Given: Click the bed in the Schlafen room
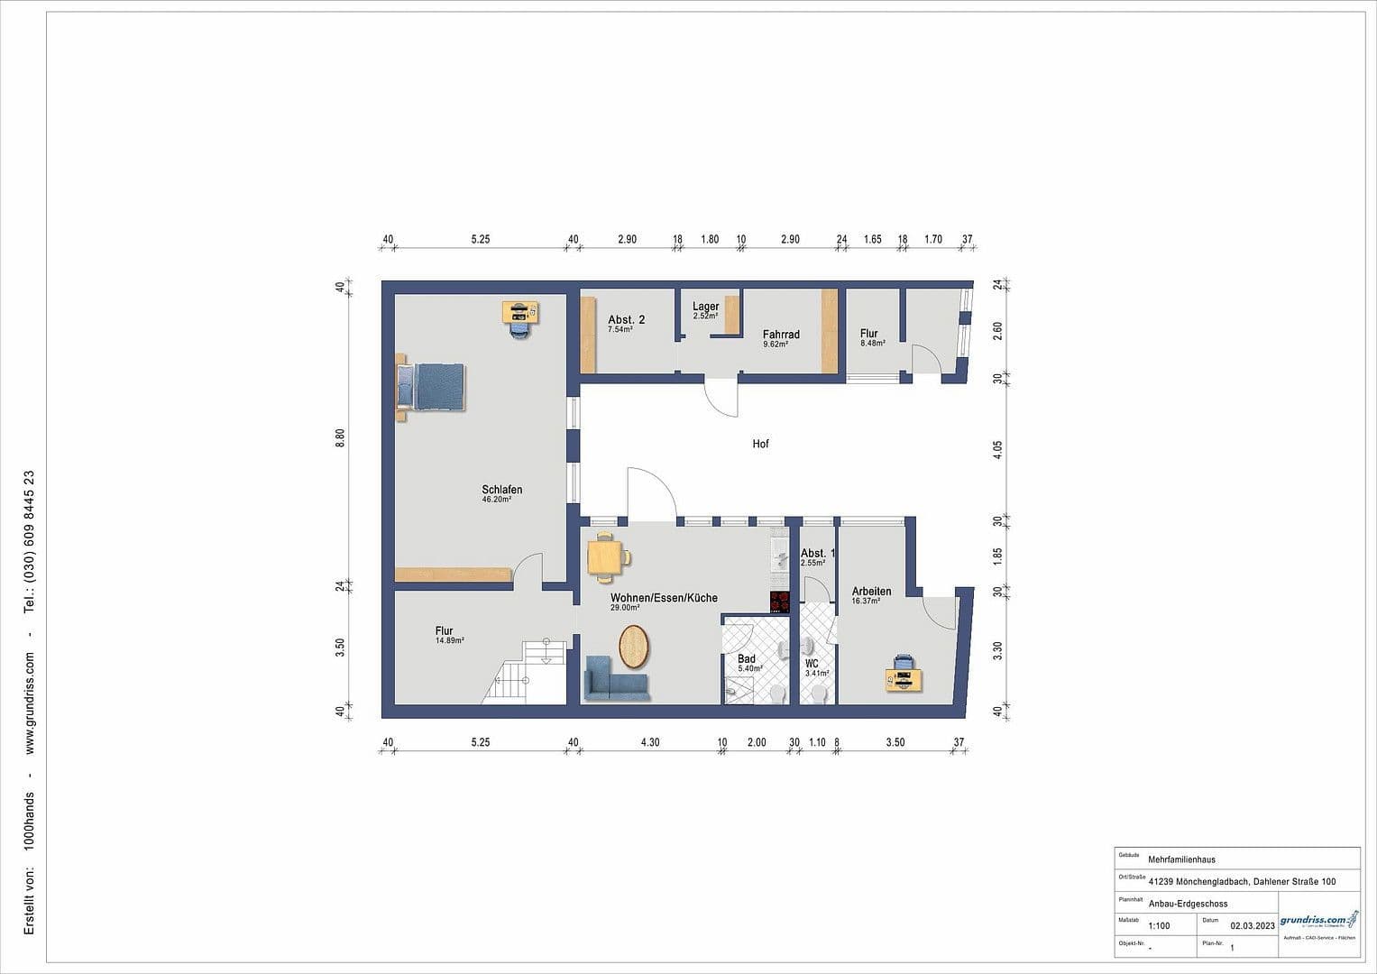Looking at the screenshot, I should click(x=431, y=387).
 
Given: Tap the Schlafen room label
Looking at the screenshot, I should click(x=502, y=491).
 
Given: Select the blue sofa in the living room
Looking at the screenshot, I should click(x=617, y=678).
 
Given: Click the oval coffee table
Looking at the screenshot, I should click(x=634, y=646).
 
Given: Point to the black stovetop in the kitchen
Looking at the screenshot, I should click(x=780, y=602).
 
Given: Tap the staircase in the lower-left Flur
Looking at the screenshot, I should click(x=528, y=671).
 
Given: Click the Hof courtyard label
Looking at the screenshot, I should click(x=761, y=444).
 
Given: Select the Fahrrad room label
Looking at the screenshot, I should click(x=781, y=335).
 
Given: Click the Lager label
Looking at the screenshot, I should click(x=706, y=307).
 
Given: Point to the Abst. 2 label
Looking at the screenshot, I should click(x=626, y=320).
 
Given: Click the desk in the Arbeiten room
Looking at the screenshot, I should click(x=904, y=675).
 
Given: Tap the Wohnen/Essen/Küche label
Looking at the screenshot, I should click(x=664, y=598).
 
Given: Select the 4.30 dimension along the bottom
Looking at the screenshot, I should click(x=650, y=742).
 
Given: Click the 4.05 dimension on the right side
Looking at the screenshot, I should click(x=997, y=450).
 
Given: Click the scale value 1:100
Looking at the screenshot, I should click(x=1159, y=925).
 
